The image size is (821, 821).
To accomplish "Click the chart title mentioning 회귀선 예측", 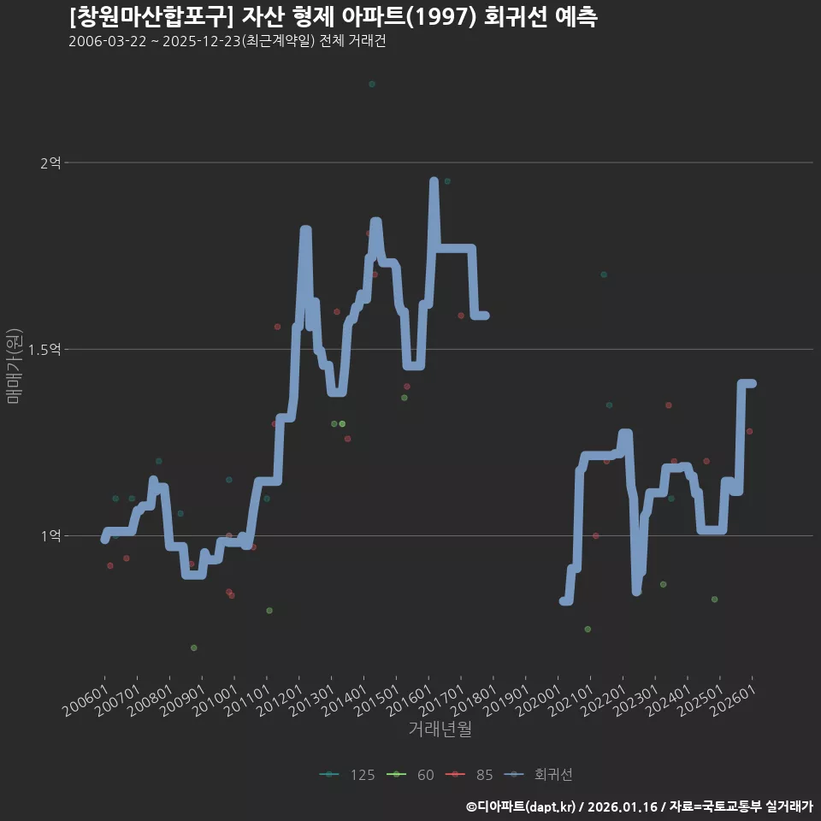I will (x=333, y=16).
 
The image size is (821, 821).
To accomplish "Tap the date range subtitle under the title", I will (x=227, y=41).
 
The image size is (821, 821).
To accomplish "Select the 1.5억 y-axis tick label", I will (x=44, y=350).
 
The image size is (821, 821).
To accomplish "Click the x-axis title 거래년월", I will (x=440, y=729).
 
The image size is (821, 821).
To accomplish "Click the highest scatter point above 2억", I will (x=372, y=84).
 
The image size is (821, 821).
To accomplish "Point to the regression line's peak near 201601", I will (x=434, y=181).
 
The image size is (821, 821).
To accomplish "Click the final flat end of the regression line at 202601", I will (x=749, y=383).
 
